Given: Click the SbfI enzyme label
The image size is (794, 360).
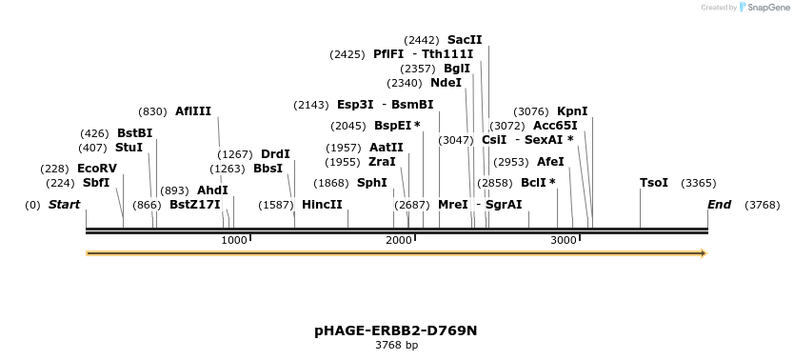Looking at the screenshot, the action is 96,183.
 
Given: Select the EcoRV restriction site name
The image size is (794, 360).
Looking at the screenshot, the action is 97,169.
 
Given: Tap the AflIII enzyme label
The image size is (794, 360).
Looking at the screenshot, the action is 193,111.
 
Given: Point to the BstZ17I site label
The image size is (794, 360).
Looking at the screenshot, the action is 195,205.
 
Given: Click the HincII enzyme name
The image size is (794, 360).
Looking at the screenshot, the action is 322,205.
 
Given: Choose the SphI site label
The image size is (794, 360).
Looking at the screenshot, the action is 371,183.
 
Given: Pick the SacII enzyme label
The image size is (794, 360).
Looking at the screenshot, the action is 465,40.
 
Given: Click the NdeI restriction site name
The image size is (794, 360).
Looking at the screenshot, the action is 446,83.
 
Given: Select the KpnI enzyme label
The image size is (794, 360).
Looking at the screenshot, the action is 572,111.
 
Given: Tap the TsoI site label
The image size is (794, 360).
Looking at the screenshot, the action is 654,183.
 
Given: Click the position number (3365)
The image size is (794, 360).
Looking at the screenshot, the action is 698,183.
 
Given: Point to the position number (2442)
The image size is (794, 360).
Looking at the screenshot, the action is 422,40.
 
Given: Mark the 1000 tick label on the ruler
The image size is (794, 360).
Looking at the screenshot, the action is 234,240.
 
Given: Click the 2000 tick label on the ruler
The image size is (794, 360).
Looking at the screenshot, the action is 399,240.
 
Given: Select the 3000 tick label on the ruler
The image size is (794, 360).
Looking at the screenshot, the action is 564,240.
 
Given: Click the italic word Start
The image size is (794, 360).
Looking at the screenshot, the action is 64,205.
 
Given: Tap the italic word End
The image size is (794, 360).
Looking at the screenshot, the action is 720,205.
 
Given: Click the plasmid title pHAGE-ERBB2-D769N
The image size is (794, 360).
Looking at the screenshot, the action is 396,330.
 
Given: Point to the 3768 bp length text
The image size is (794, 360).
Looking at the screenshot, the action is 396,345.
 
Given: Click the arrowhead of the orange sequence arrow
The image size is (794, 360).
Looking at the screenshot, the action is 704,253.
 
